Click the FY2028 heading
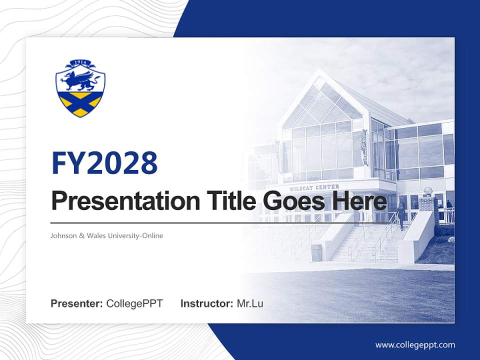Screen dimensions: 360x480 [104, 163]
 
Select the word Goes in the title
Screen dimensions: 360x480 [290, 201]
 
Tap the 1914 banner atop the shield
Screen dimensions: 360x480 [80, 63]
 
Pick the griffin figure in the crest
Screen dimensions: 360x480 [80, 80]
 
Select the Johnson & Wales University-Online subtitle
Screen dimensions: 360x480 [107, 235]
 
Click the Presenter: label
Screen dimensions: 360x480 [77, 303]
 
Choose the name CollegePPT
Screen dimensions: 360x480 [134, 303]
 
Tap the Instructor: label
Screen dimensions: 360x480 [206, 303]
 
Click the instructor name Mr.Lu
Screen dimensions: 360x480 [250, 303]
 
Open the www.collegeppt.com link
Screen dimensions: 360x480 [415, 344]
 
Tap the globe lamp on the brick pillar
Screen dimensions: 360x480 [428, 191]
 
